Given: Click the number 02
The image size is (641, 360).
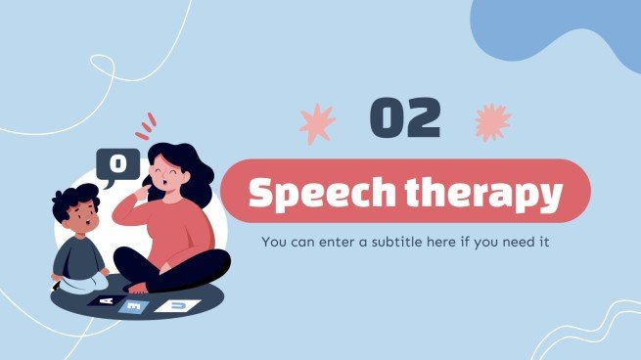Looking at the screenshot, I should (404, 119).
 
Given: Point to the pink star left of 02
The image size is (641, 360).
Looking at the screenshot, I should (316, 124).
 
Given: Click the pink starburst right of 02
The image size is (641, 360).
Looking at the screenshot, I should (492, 122).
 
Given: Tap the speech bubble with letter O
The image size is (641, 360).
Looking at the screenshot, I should (117, 163).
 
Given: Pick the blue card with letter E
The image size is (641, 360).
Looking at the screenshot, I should (135, 306).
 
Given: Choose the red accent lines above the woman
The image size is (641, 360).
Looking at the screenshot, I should (146, 125).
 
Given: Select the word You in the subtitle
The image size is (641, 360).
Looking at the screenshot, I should (273, 241).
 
